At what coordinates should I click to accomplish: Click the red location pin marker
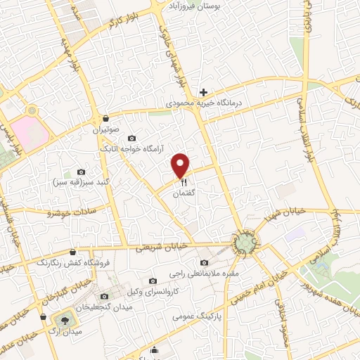181,166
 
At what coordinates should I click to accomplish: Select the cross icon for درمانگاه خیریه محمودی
203,92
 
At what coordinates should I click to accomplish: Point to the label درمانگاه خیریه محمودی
208,103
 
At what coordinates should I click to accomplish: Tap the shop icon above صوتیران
105,118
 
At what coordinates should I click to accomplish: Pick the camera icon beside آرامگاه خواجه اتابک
132,138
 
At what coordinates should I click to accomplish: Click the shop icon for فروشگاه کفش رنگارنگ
73,251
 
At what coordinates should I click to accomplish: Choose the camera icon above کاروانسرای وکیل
153,281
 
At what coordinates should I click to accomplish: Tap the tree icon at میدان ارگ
65,319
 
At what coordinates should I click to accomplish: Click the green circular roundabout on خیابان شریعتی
244,243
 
